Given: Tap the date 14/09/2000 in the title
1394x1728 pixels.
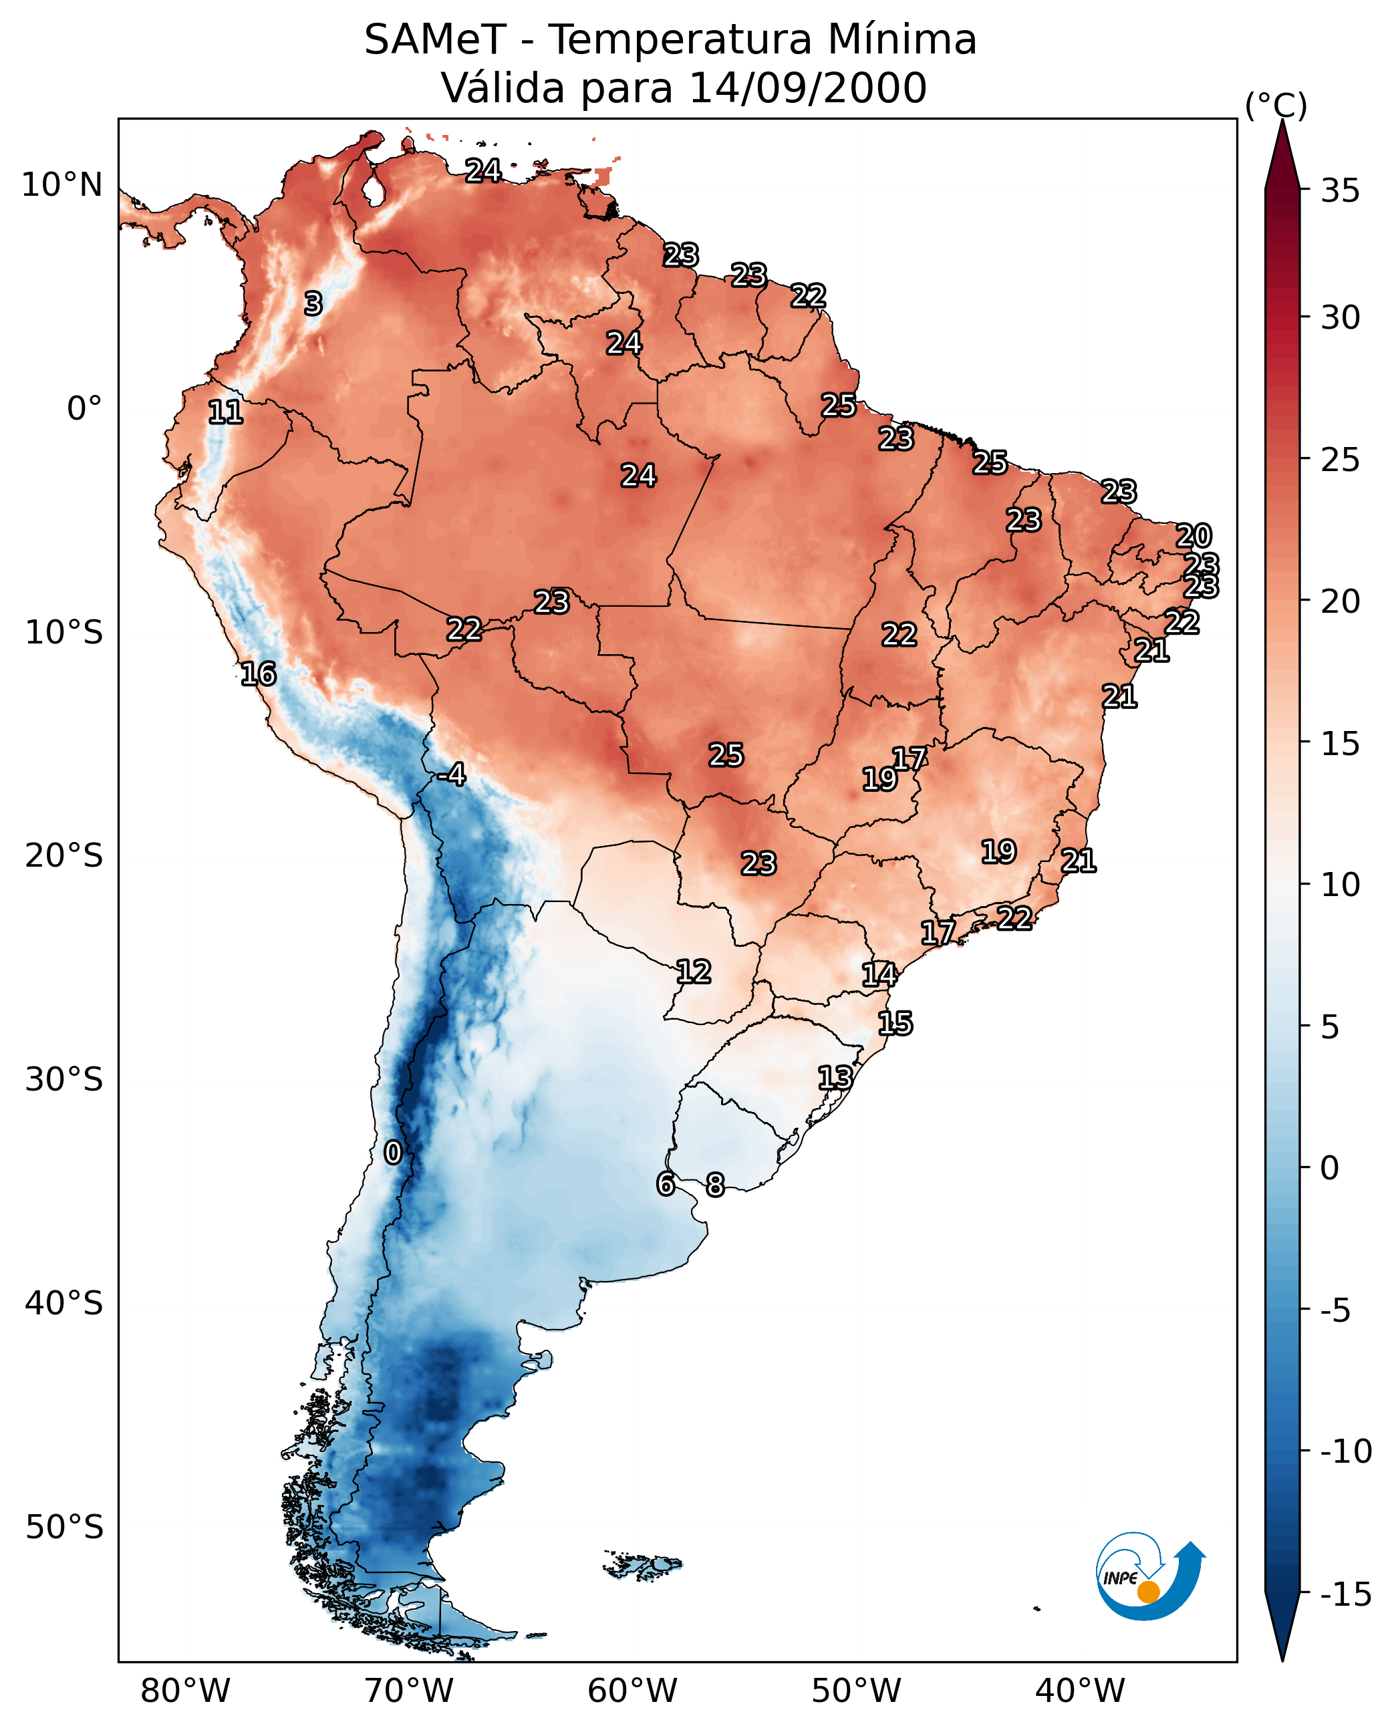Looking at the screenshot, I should [808, 88].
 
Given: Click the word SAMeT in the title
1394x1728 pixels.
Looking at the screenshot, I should [434, 39].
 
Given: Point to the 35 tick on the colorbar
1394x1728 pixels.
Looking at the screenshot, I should [1340, 191].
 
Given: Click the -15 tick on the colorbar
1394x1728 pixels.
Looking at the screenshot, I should [1345, 1594].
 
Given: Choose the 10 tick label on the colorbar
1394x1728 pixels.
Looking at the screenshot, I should [1340, 885].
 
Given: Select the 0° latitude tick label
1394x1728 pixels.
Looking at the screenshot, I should [84, 409].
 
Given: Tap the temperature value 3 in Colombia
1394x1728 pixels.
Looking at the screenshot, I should [313, 303].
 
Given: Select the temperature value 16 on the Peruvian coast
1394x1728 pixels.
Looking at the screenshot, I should [259, 674].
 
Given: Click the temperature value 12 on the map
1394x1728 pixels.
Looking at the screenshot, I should [693, 972].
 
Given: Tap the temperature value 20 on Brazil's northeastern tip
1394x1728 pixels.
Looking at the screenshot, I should [1194, 536].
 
